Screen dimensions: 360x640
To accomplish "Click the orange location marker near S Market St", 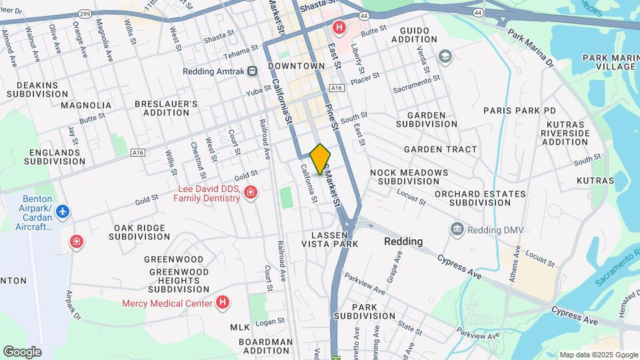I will tap(320, 159).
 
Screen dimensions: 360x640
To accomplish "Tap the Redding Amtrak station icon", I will tap(252, 71).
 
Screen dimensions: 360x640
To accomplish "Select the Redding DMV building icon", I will tap(457, 230).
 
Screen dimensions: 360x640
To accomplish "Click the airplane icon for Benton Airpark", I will tap(63, 211).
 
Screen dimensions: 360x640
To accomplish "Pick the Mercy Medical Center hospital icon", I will tap(223, 303).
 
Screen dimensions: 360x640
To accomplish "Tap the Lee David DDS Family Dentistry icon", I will tap(251, 193).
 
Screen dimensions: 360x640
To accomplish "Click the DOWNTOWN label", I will tap(296, 66).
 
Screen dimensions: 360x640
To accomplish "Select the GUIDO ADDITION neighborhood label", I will tap(419, 35).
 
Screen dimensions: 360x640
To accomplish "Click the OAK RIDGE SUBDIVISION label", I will tap(139, 232).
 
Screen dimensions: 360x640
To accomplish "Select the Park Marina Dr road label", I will tap(531, 47).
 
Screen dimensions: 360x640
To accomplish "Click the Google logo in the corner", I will tap(22, 351).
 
